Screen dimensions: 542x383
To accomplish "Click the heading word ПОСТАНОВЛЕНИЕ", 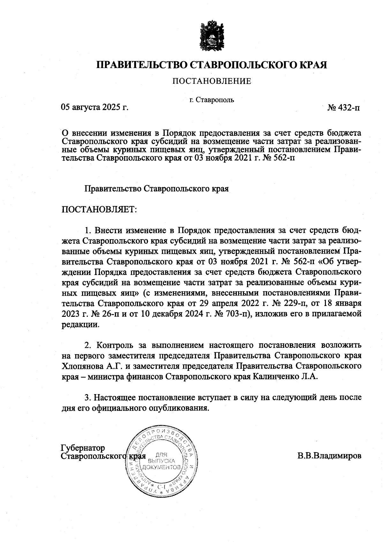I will click(x=212, y=81).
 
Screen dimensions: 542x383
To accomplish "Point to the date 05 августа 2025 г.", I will click(x=94, y=107).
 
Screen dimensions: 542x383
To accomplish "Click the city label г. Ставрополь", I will click(x=212, y=100).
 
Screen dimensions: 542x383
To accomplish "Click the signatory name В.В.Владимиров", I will click(x=329, y=455).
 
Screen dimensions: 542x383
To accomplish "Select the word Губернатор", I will click(x=83, y=448).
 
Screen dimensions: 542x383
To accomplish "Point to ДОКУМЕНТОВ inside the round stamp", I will click(x=162, y=467).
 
